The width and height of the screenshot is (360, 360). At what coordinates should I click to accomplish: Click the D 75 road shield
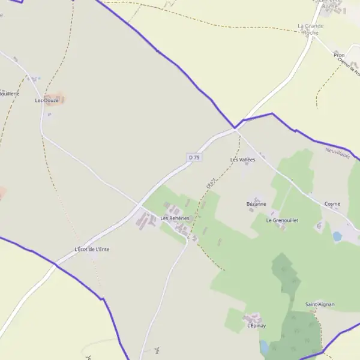(x=194, y=157)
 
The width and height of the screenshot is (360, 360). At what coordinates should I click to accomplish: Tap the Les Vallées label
(x=243, y=160)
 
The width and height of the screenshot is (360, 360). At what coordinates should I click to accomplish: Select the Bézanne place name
(x=256, y=204)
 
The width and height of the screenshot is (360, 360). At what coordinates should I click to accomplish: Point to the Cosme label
(x=332, y=204)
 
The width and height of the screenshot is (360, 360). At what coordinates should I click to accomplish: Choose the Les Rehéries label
(x=175, y=218)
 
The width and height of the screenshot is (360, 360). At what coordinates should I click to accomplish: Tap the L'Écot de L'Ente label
(x=92, y=249)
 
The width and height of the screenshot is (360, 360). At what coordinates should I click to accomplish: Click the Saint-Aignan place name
(x=320, y=304)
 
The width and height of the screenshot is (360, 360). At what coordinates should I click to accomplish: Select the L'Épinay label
(x=256, y=326)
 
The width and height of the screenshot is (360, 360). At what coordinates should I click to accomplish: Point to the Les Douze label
(x=46, y=101)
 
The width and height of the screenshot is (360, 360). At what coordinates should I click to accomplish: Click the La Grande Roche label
(x=311, y=29)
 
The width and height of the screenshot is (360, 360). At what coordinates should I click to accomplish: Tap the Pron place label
(x=339, y=55)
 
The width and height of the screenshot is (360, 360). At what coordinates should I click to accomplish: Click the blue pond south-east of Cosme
(x=337, y=236)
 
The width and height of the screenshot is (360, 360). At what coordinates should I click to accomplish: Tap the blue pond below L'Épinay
(x=265, y=347)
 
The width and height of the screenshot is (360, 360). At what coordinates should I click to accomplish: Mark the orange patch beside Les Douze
(x=55, y=98)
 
